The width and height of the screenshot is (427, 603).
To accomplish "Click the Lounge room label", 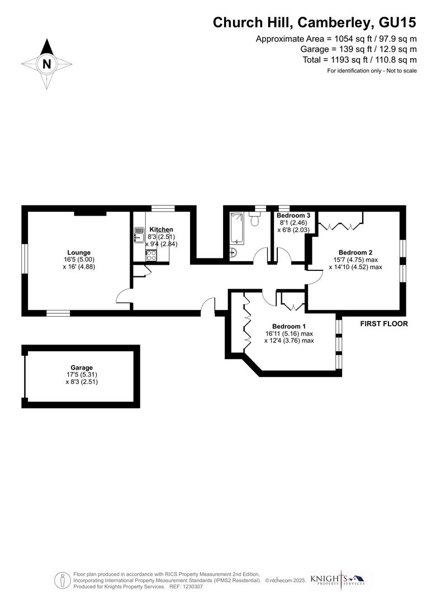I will (79, 252).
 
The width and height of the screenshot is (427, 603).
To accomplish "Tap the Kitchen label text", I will (161, 229).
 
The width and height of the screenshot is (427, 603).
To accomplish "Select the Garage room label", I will (82, 368).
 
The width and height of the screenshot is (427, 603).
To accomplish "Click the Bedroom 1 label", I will (289, 327).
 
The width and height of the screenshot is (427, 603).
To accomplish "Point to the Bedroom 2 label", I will (355, 252).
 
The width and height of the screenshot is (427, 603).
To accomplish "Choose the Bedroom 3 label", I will (293, 216).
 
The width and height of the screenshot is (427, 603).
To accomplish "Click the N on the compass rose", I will (47, 64).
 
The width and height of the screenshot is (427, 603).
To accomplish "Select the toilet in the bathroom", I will (256, 220).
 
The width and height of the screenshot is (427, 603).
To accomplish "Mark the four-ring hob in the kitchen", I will (151, 256).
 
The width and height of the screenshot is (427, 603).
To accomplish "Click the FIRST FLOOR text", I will (384, 324).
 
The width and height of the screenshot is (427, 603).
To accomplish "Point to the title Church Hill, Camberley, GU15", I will (314, 22).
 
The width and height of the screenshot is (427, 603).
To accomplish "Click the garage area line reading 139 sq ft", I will (358, 49).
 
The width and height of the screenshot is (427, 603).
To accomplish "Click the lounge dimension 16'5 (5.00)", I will (79, 260).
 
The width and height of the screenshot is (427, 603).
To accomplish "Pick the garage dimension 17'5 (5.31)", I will (82, 375).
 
